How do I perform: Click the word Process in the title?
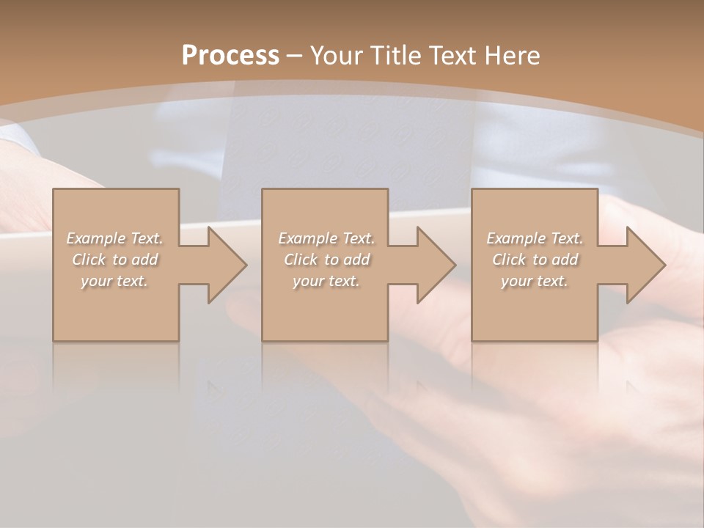coord(230,56)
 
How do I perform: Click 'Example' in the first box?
coord(96,238)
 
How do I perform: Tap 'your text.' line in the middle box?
coord(326,281)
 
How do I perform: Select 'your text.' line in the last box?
coord(534,281)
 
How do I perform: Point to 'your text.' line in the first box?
coord(114,281)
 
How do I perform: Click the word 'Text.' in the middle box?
coord(358,238)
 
